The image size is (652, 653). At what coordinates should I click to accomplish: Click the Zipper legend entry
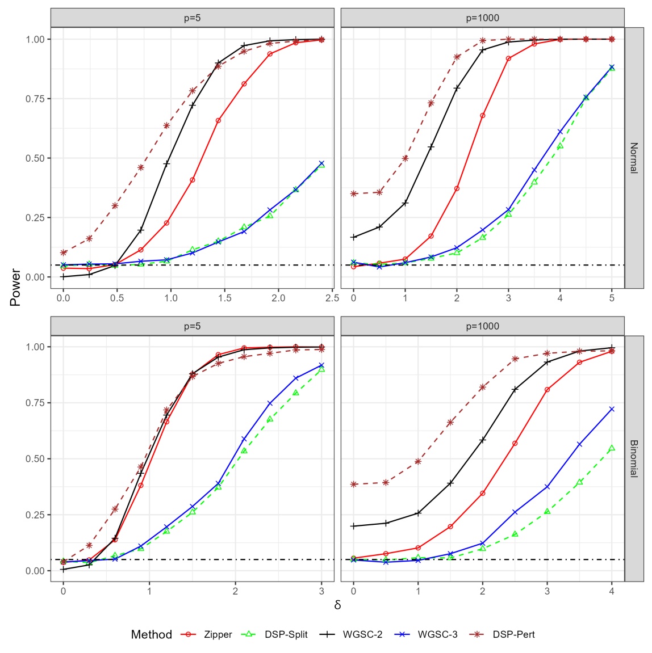pos(218,634)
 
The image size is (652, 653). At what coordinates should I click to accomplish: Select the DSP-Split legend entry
pos(286,634)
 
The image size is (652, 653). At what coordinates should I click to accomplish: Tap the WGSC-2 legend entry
pos(362,634)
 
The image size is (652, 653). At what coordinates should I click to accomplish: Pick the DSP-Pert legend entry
pos(513,634)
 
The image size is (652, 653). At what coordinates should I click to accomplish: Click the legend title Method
pos(151,634)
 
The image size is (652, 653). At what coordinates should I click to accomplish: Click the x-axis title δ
pos(337,605)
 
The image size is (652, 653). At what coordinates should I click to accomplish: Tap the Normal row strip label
pos(634,158)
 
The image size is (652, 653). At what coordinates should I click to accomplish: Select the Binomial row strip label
pos(634,458)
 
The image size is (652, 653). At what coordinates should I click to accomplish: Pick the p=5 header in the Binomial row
pos(192,326)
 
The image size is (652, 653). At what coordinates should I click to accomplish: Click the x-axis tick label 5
pos(612,297)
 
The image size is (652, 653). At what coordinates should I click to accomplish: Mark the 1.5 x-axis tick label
pos(224,297)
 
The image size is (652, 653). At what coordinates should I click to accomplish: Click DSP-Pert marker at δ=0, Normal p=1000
pos(353,193)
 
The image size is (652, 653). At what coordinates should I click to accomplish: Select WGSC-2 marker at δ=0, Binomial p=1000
pos(353,526)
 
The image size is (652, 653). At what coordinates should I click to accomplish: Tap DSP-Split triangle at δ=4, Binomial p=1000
pos(612,448)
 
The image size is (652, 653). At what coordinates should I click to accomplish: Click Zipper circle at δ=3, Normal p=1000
pos(508,58)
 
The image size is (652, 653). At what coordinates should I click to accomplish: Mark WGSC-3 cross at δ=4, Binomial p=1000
pos(612,409)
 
